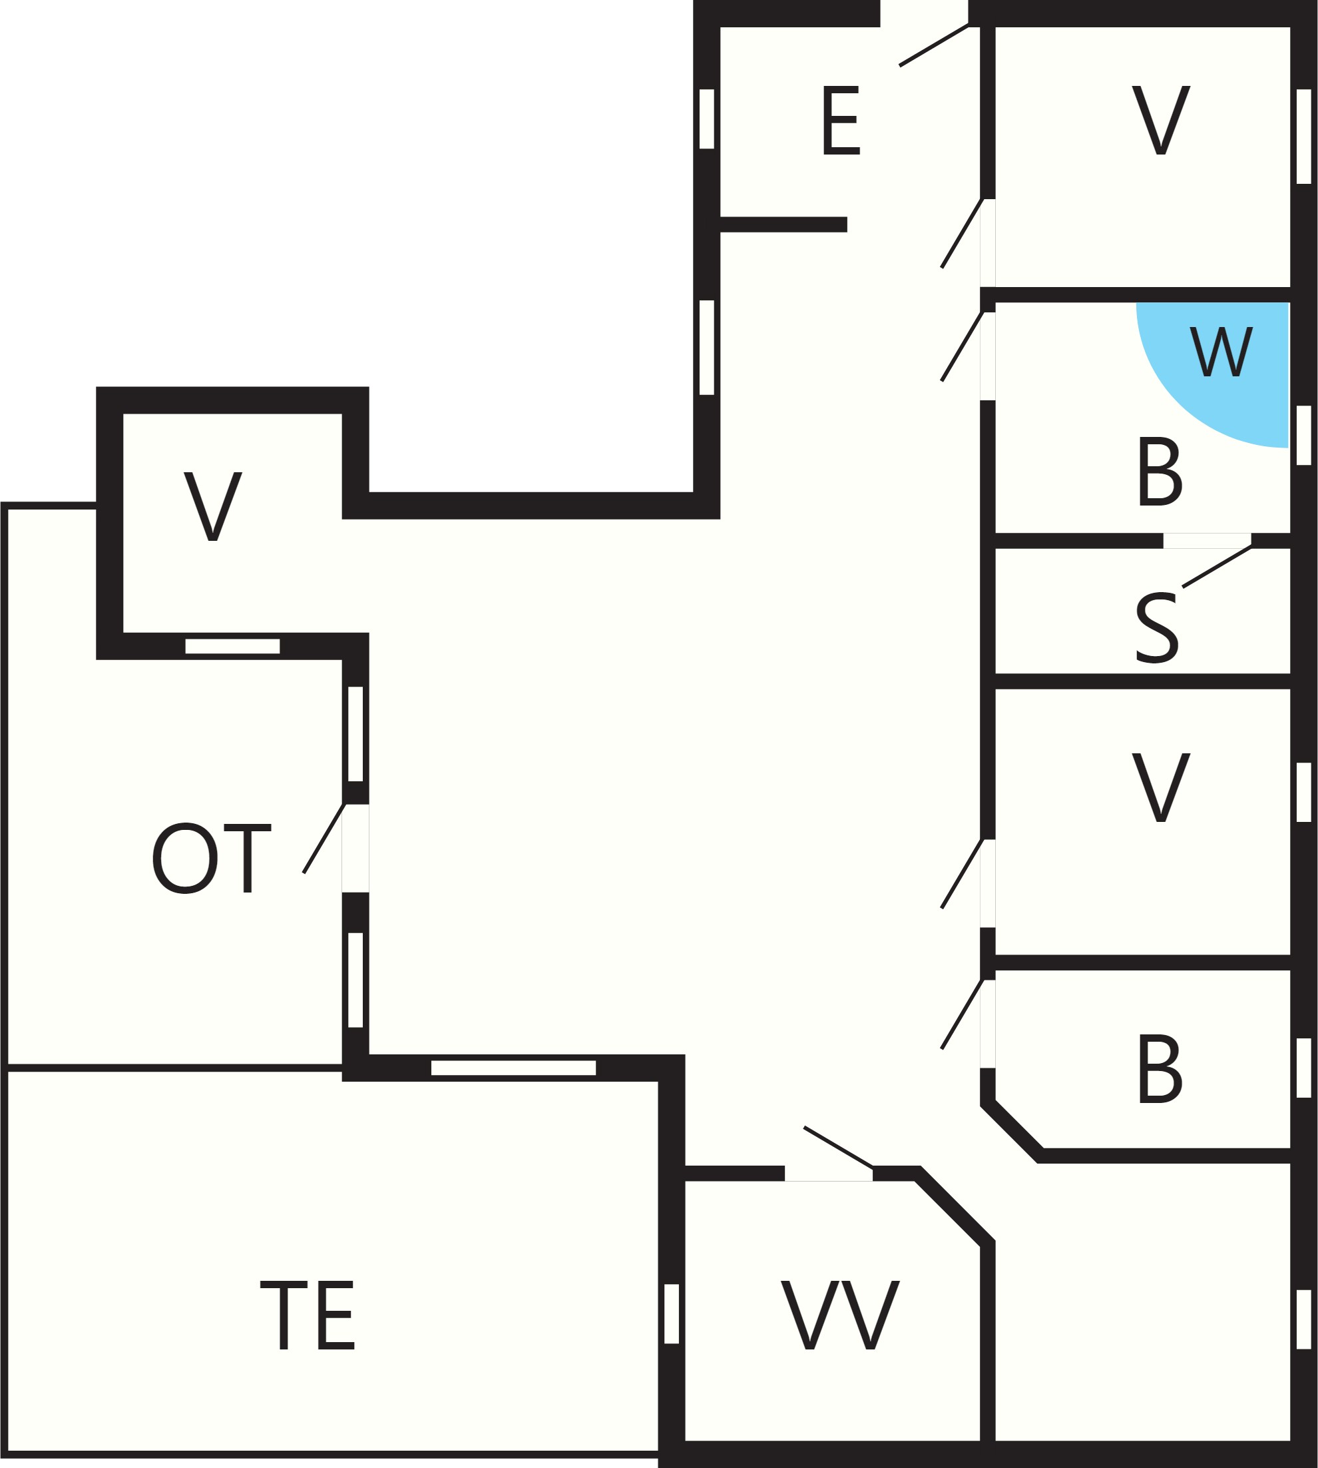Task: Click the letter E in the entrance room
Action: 841,121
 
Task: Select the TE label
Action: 308,1315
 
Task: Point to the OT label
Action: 211,859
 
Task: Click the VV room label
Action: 841,1315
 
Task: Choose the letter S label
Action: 1157,628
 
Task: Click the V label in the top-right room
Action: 1162,121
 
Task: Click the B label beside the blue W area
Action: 1160,471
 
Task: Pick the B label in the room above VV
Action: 1160,1069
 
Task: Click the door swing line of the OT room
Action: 324,839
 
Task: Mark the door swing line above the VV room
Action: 839,1148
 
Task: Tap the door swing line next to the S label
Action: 1217,566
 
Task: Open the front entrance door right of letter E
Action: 934,45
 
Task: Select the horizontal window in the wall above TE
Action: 513,1067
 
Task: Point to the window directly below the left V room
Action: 232,646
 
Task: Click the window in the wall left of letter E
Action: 707,119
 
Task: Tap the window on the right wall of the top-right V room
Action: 1303,137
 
